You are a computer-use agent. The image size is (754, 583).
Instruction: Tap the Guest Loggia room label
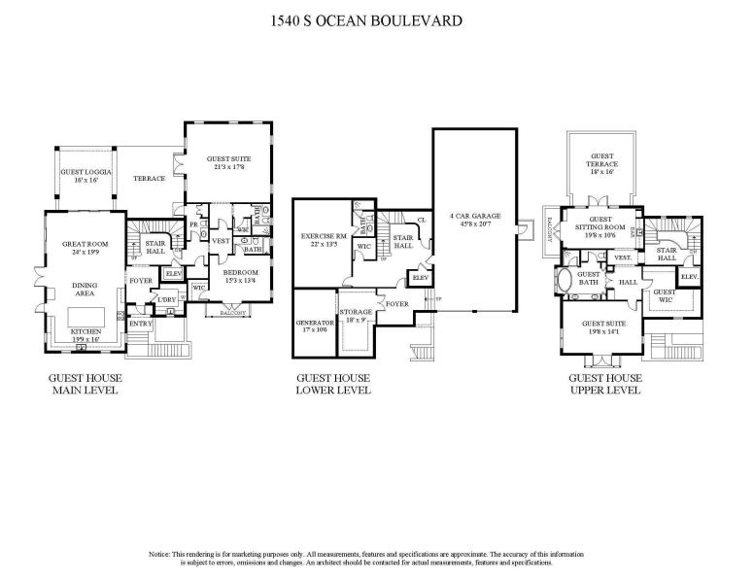86,175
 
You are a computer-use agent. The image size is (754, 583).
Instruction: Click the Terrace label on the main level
149,179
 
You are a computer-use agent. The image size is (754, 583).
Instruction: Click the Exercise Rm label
325,239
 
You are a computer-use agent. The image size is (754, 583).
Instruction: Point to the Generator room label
315,325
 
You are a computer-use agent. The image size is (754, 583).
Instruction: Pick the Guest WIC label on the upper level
664,295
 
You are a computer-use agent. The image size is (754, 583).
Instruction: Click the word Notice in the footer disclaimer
161,554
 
